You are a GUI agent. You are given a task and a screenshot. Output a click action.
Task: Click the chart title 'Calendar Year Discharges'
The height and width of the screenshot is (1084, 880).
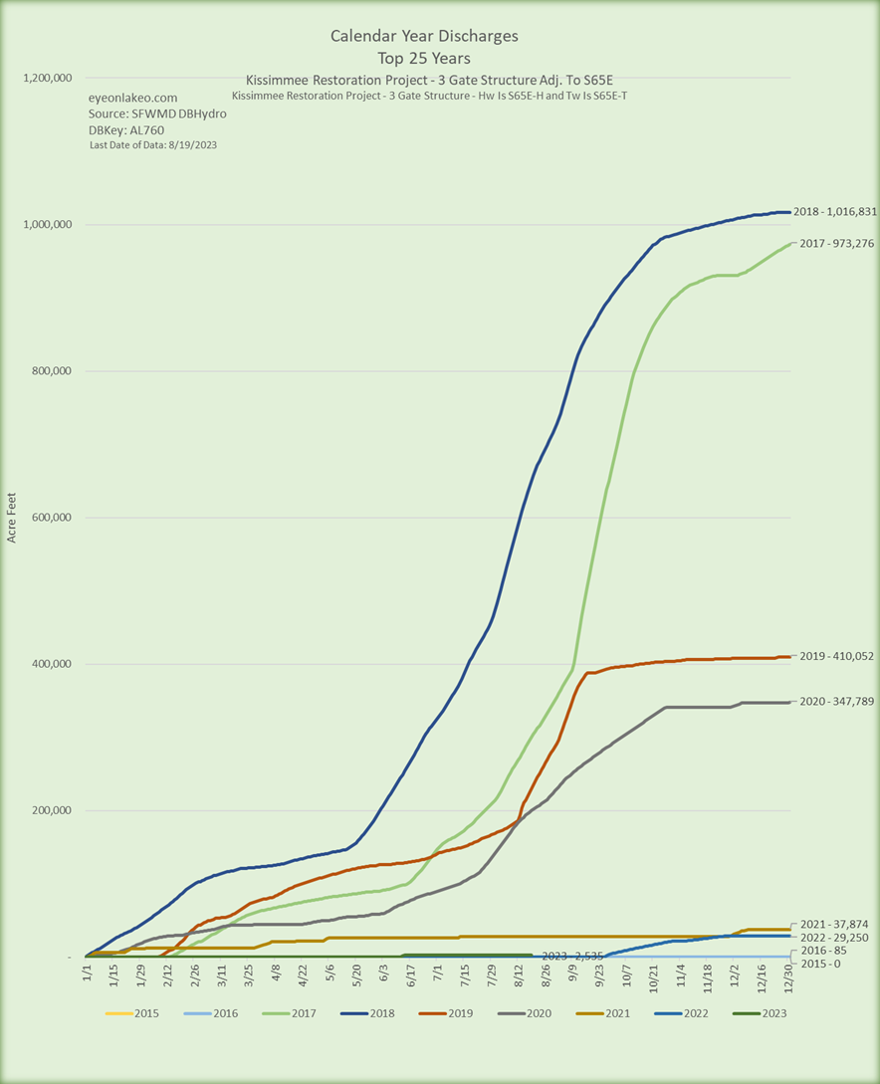click(424, 36)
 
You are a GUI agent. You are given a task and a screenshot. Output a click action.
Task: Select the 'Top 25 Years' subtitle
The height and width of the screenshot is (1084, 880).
click(424, 58)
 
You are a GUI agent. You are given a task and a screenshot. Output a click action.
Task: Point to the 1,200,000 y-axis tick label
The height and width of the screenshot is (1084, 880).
click(46, 78)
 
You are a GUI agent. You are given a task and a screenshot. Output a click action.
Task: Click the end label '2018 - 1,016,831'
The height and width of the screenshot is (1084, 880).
click(835, 212)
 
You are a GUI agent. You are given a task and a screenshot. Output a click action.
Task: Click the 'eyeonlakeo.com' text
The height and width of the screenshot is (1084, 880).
click(133, 98)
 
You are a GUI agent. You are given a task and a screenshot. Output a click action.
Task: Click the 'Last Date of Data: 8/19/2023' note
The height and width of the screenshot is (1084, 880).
click(153, 145)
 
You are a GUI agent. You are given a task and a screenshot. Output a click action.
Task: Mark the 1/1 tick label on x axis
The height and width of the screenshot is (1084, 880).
click(88, 974)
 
